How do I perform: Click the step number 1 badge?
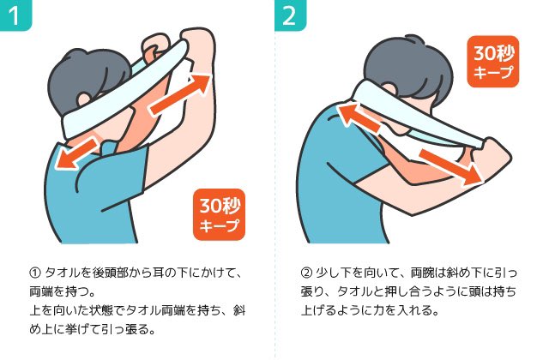point(15,15)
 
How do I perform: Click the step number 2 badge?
point(290,15)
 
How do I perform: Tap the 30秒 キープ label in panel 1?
point(220,214)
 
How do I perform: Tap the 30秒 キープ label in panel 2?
point(493,62)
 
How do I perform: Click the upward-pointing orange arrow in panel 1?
point(181,93)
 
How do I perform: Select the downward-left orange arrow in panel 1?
point(77,154)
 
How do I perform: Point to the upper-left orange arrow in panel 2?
point(358,117)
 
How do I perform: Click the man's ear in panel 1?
point(84,99)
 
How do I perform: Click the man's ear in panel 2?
point(388,90)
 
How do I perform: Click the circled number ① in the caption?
point(35,273)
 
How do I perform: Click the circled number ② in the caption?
point(306,273)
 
